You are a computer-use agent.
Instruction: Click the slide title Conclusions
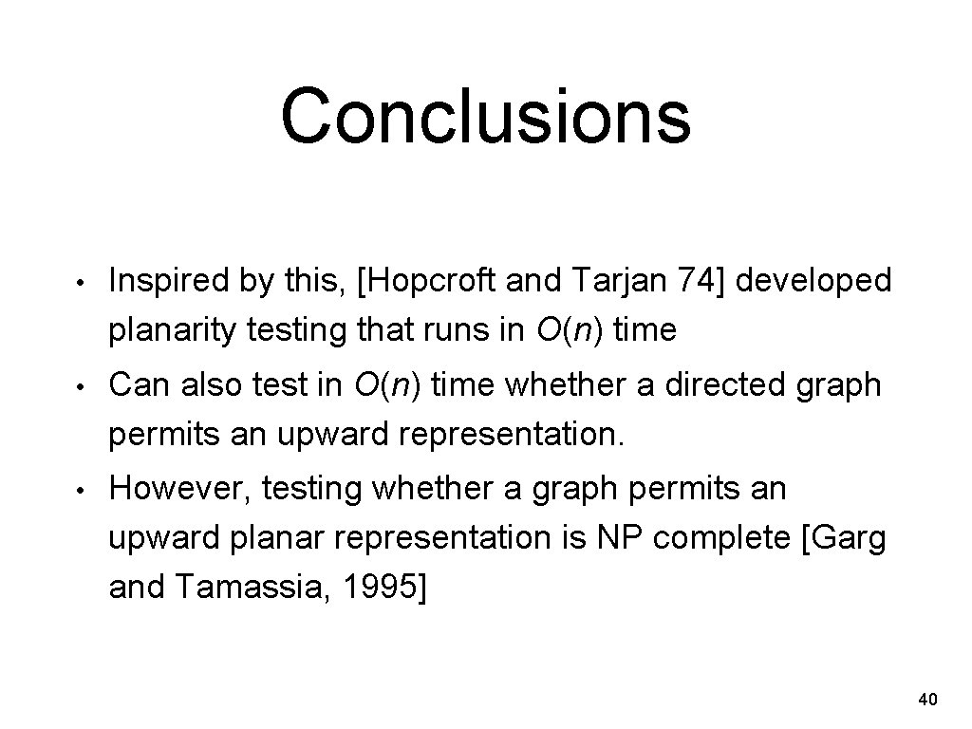pyautogui.click(x=485, y=116)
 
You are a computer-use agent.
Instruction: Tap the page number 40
pyautogui.click(x=928, y=701)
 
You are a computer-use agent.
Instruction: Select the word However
pyautogui.click(x=178, y=489)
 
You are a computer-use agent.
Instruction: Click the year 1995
pyautogui.click(x=378, y=589)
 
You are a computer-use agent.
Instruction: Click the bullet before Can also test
pyautogui.click(x=84, y=387)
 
